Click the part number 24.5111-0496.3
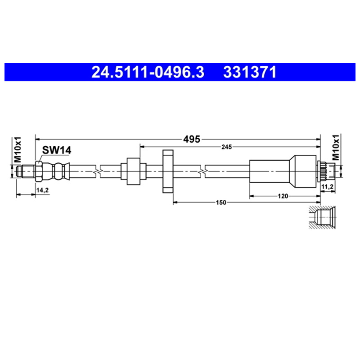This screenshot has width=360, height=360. [x=148, y=72]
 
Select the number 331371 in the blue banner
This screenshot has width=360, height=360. [x=250, y=72]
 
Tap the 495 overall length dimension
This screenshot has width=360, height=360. [x=192, y=139]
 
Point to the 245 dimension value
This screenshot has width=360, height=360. [x=227, y=147]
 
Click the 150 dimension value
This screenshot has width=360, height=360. [x=221, y=202]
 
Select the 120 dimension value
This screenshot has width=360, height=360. [x=283, y=196]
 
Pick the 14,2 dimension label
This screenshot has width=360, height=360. [x=42, y=190]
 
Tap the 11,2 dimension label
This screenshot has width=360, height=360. [x=328, y=187]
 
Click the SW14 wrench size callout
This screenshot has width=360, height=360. [x=57, y=150]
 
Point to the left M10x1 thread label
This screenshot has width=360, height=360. [x=18, y=149]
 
